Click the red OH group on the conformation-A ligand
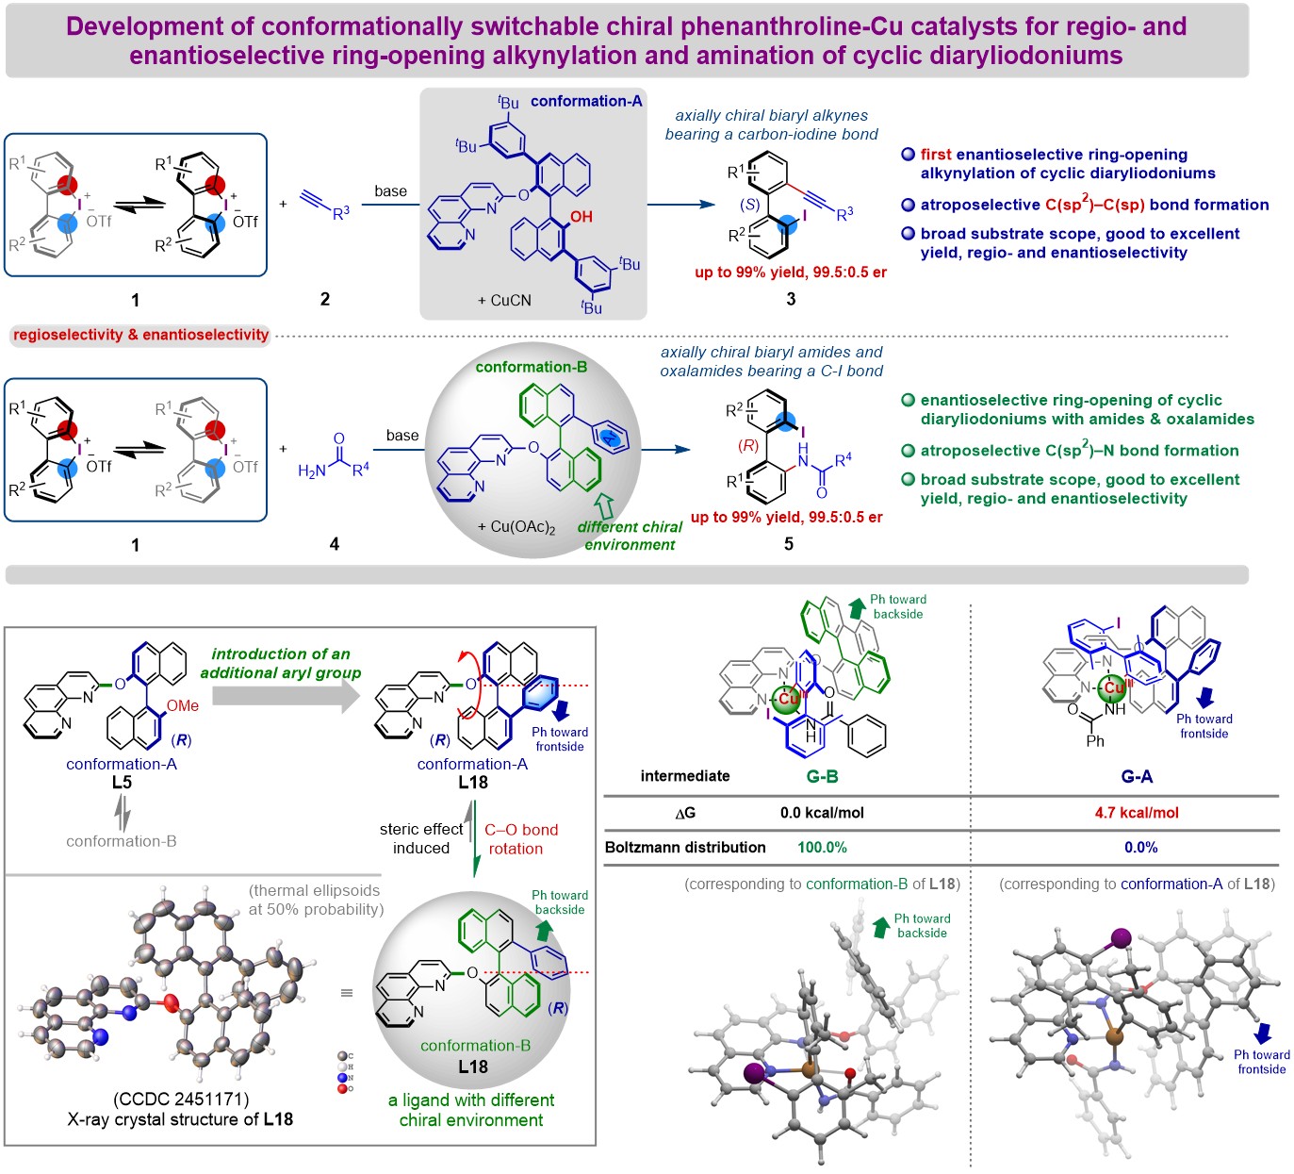coord(581,217)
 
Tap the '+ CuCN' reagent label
coord(504,300)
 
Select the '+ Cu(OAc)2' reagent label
coord(516,526)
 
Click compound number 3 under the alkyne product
coord(791,299)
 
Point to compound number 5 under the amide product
coord(789,543)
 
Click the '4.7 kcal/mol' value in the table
coord(1137,812)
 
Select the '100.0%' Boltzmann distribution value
coord(822,847)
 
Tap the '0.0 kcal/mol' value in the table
coord(822,812)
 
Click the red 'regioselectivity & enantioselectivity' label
coord(141,335)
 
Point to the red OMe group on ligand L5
coord(183,705)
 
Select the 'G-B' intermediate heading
coord(822,776)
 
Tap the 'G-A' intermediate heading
coord(1137,776)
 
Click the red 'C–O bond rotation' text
coord(521,838)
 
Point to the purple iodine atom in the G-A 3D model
coord(1122,936)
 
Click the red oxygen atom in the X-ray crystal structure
coord(172,1001)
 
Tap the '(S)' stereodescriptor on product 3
coord(750,204)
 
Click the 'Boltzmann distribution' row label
coord(685,847)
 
